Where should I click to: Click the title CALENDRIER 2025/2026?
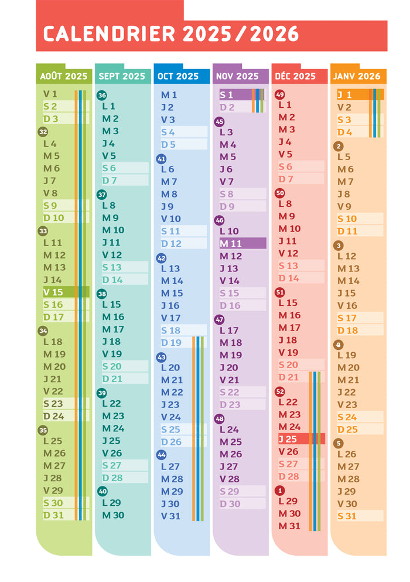[171, 34]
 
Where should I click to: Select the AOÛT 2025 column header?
[64, 76]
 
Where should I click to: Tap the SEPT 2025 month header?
[122, 76]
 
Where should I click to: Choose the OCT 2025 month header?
[179, 76]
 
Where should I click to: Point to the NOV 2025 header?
[237, 76]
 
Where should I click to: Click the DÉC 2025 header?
[296, 76]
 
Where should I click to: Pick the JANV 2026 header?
[357, 76]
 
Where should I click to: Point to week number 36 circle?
[102, 96]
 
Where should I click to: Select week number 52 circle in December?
[279, 392]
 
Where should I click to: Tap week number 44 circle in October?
[161, 455]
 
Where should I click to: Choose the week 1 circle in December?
[279, 490]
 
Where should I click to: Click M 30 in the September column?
[113, 515]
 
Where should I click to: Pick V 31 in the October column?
[171, 516]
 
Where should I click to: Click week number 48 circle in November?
[220, 418]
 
